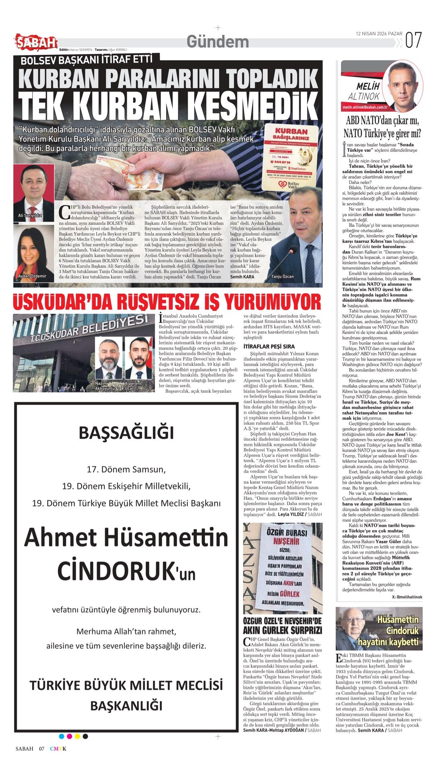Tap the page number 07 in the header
tap(413, 40)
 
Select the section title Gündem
tap(218, 42)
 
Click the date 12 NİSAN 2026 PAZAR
tap(378, 34)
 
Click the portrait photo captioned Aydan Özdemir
tap(33, 251)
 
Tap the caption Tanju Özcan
tap(282, 277)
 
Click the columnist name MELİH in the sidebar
tap(368, 87)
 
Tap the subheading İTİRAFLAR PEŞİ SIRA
tap(269, 346)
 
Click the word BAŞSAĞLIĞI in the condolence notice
tap(126, 433)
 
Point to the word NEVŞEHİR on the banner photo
tap(286, 541)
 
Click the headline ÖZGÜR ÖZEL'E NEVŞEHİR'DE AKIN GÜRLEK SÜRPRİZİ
tap(283, 626)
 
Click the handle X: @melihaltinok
tap(407, 597)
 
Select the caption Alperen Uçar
tap(133, 386)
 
